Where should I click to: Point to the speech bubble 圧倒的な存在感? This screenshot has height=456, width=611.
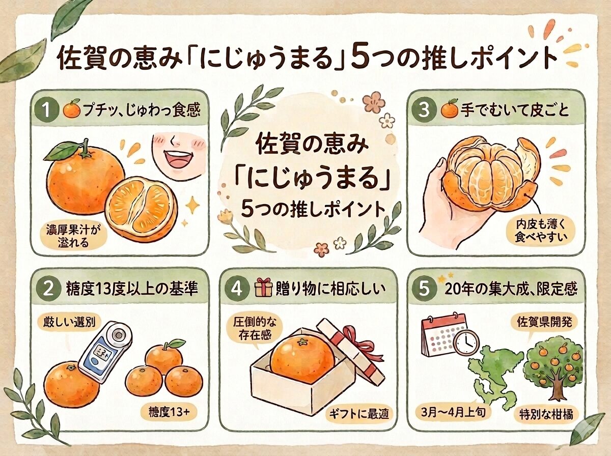pos(249,330)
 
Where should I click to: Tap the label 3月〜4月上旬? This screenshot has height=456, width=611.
pos(451,412)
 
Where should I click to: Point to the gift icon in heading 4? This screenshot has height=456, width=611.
pos(263,289)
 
